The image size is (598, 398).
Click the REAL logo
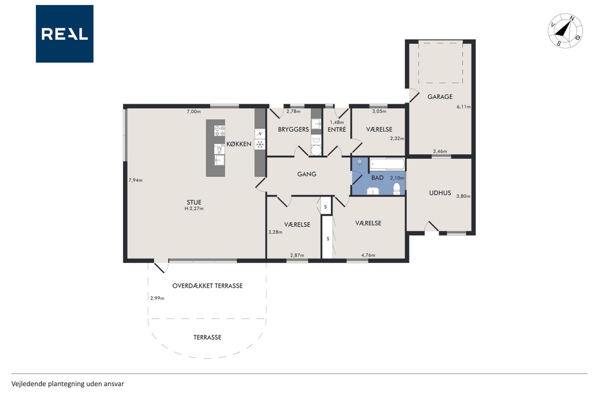pos(64,34)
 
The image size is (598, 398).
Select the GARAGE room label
pos(440,97)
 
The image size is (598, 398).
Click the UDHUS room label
pos(440,193)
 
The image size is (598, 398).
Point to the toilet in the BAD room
pos(397,189)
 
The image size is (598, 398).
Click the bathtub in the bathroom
pos(387,164)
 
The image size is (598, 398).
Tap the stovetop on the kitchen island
pos(219,131)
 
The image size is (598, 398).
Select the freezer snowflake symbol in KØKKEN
pos(260,145)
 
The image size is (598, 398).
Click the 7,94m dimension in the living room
pos(135,180)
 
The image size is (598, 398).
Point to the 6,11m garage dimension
pos(463,107)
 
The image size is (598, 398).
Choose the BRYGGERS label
pos(293,130)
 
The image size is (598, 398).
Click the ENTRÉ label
pos(337,130)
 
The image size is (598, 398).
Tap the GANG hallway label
pos(307,174)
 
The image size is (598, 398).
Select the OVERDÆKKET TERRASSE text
pos(207,286)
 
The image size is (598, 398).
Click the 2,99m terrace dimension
pos(157,298)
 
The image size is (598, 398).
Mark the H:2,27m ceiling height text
pos(194,209)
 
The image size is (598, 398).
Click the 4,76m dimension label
pos(369,255)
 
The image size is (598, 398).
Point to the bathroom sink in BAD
pos(372,191)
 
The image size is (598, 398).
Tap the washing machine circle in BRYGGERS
pos(316,150)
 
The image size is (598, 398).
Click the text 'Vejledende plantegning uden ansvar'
pos(68,384)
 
